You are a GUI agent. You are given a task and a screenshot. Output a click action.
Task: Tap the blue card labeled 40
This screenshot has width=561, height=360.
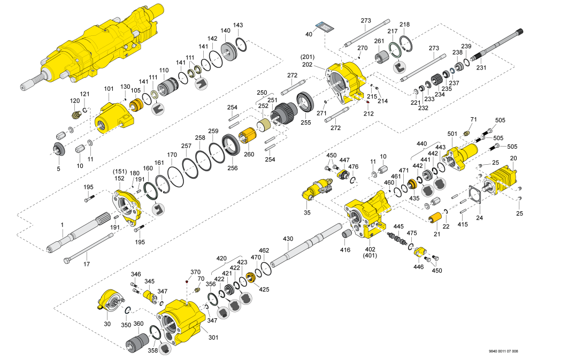[x=323, y=27]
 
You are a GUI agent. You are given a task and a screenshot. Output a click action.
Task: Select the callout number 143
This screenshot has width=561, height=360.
[x=238, y=26]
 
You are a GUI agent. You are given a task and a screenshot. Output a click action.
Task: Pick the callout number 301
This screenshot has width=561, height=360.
[x=213, y=338]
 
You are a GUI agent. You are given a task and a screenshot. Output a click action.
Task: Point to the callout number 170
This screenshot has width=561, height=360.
[x=172, y=155]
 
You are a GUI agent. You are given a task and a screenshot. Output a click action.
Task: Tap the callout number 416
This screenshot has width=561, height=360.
[x=346, y=249]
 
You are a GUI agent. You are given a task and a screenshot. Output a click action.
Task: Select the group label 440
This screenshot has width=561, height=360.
[x=422, y=144]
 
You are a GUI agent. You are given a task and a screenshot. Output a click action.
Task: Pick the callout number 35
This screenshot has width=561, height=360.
[x=307, y=212]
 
